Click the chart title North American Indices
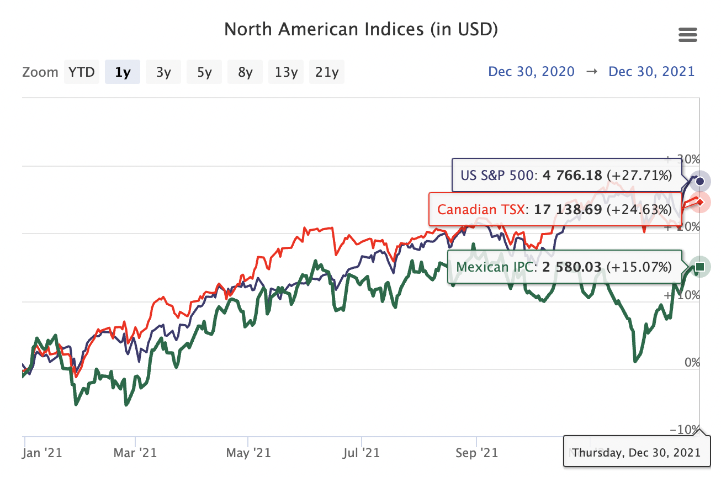[x=361, y=29]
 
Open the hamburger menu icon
[x=687, y=36]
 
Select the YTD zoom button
[x=82, y=72]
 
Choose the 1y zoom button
[x=123, y=72]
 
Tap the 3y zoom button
[x=163, y=72]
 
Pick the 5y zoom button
[x=204, y=72]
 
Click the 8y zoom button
[x=245, y=72]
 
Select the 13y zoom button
[x=286, y=72]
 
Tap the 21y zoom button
[x=327, y=72]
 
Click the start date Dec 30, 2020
[x=531, y=72]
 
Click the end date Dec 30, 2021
[x=651, y=72]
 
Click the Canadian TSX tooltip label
[x=554, y=210]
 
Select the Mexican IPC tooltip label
[x=564, y=267]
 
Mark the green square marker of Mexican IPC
[x=700, y=267]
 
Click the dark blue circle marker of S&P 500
[x=700, y=181]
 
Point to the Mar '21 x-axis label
[x=135, y=453]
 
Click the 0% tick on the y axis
[x=692, y=363]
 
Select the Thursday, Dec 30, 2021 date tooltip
[x=636, y=453]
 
